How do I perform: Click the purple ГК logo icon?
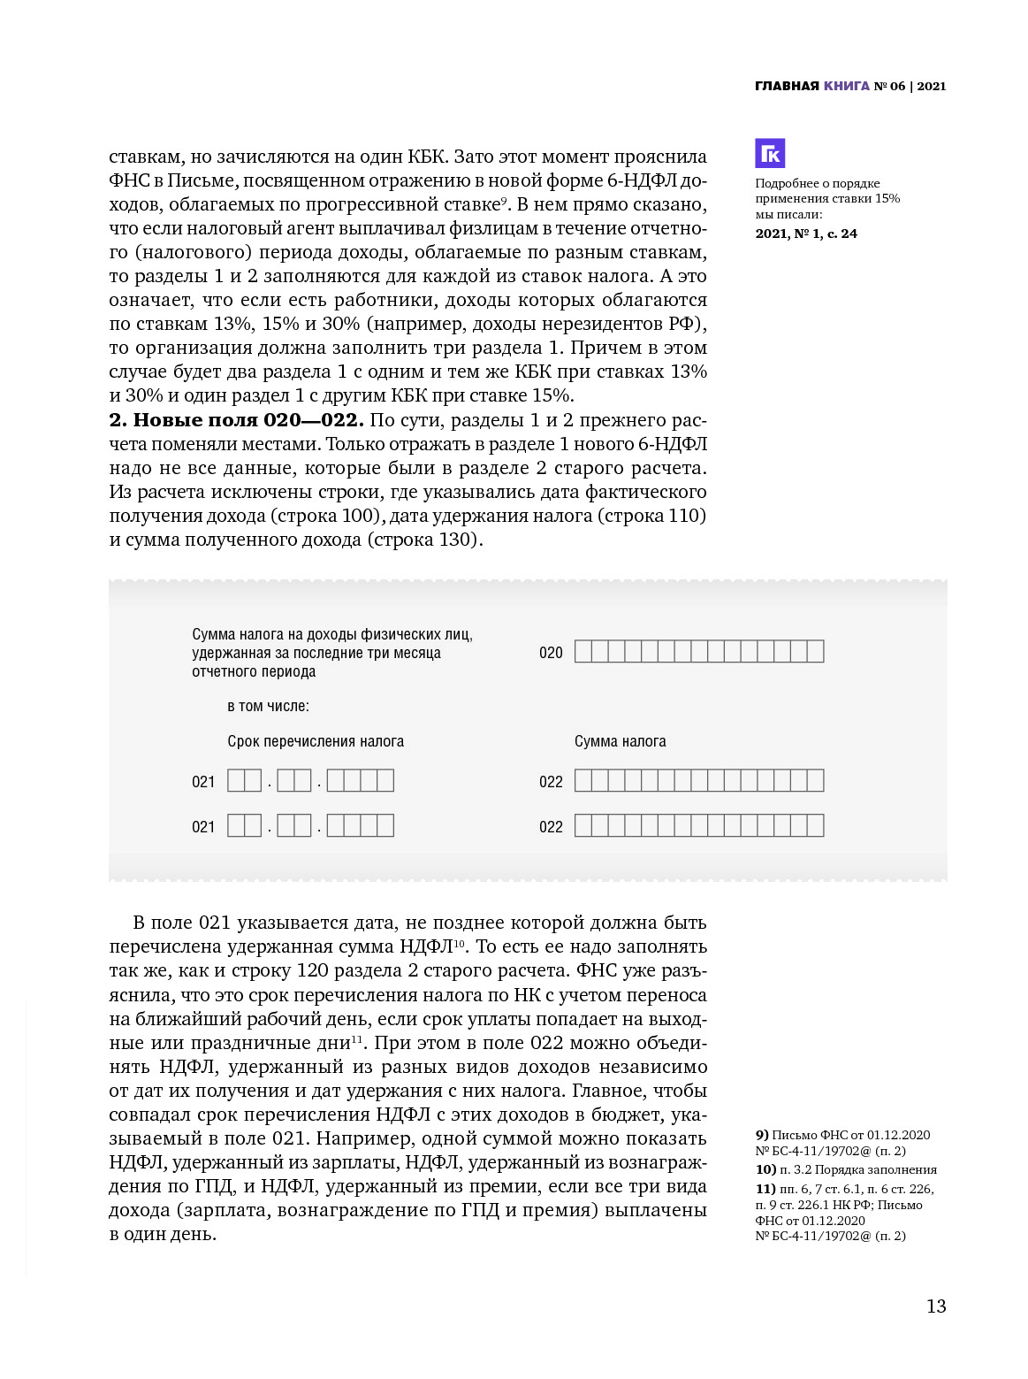click(770, 153)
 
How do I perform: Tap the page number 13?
click(936, 1306)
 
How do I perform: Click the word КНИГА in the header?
click(847, 86)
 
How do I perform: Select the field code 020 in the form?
click(551, 653)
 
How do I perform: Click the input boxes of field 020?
click(698, 652)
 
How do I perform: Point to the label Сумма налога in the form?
click(620, 741)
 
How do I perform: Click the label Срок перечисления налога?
click(316, 741)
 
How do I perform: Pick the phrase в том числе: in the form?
click(268, 706)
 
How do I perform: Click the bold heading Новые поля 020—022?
click(236, 419)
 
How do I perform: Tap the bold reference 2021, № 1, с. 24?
click(806, 234)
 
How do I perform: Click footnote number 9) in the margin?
click(762, 1135)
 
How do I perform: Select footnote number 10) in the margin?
click(765, 1169)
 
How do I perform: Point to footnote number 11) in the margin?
click(765, 1189)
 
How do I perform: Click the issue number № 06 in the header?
click(890, 86)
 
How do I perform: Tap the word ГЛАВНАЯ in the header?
click(787, 86)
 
